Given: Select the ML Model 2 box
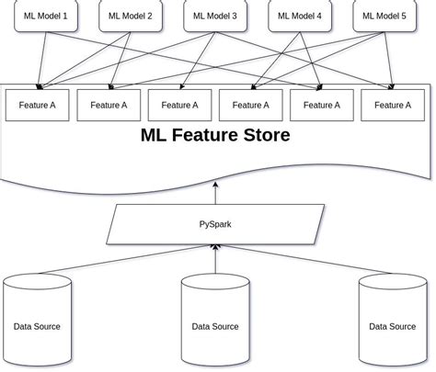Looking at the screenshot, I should tap(130, 17).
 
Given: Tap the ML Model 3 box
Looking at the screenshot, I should tap(216, 17).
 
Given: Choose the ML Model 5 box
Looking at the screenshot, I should tap(384, 17).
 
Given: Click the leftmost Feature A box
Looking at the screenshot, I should tap(36, 105).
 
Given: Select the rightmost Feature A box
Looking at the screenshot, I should tap(392, 105).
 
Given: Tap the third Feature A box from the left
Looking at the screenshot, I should tap(178, 105).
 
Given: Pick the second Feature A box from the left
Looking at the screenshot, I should tap(108, 105).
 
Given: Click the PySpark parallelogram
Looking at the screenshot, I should tap(216, 223).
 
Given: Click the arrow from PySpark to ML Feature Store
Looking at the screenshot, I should tap(216, 193).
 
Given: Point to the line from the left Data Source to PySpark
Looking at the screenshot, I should tap(129, 260).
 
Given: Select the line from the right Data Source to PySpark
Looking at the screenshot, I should tap(304, 260).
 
